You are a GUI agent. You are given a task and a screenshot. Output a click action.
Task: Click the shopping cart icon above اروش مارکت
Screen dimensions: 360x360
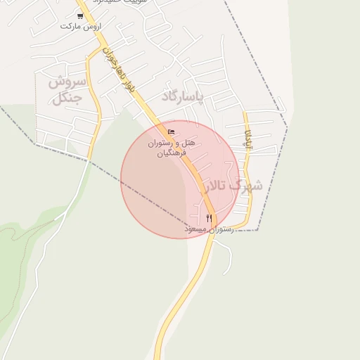pos(79,15)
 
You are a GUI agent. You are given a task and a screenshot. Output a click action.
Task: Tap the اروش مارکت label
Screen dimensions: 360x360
pos(80,26)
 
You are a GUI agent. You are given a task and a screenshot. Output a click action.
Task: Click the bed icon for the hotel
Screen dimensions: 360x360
pos(171,132)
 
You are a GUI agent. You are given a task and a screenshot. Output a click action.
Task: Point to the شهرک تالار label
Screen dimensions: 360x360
pos(232,186)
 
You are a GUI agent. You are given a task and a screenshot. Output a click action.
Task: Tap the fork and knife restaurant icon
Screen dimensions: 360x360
pos(209,219)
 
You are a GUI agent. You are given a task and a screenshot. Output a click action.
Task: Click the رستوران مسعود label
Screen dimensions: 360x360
pos(208,229)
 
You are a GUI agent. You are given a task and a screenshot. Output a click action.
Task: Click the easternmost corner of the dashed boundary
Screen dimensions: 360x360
pos(287,127)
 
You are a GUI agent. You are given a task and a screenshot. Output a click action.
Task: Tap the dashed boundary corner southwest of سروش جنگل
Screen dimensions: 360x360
pos(35,143)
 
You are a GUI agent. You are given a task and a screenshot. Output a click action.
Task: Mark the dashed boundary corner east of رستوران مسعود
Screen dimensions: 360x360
pos(257,230)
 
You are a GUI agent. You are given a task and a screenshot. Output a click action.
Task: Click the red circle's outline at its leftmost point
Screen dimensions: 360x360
pos(121,179)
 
